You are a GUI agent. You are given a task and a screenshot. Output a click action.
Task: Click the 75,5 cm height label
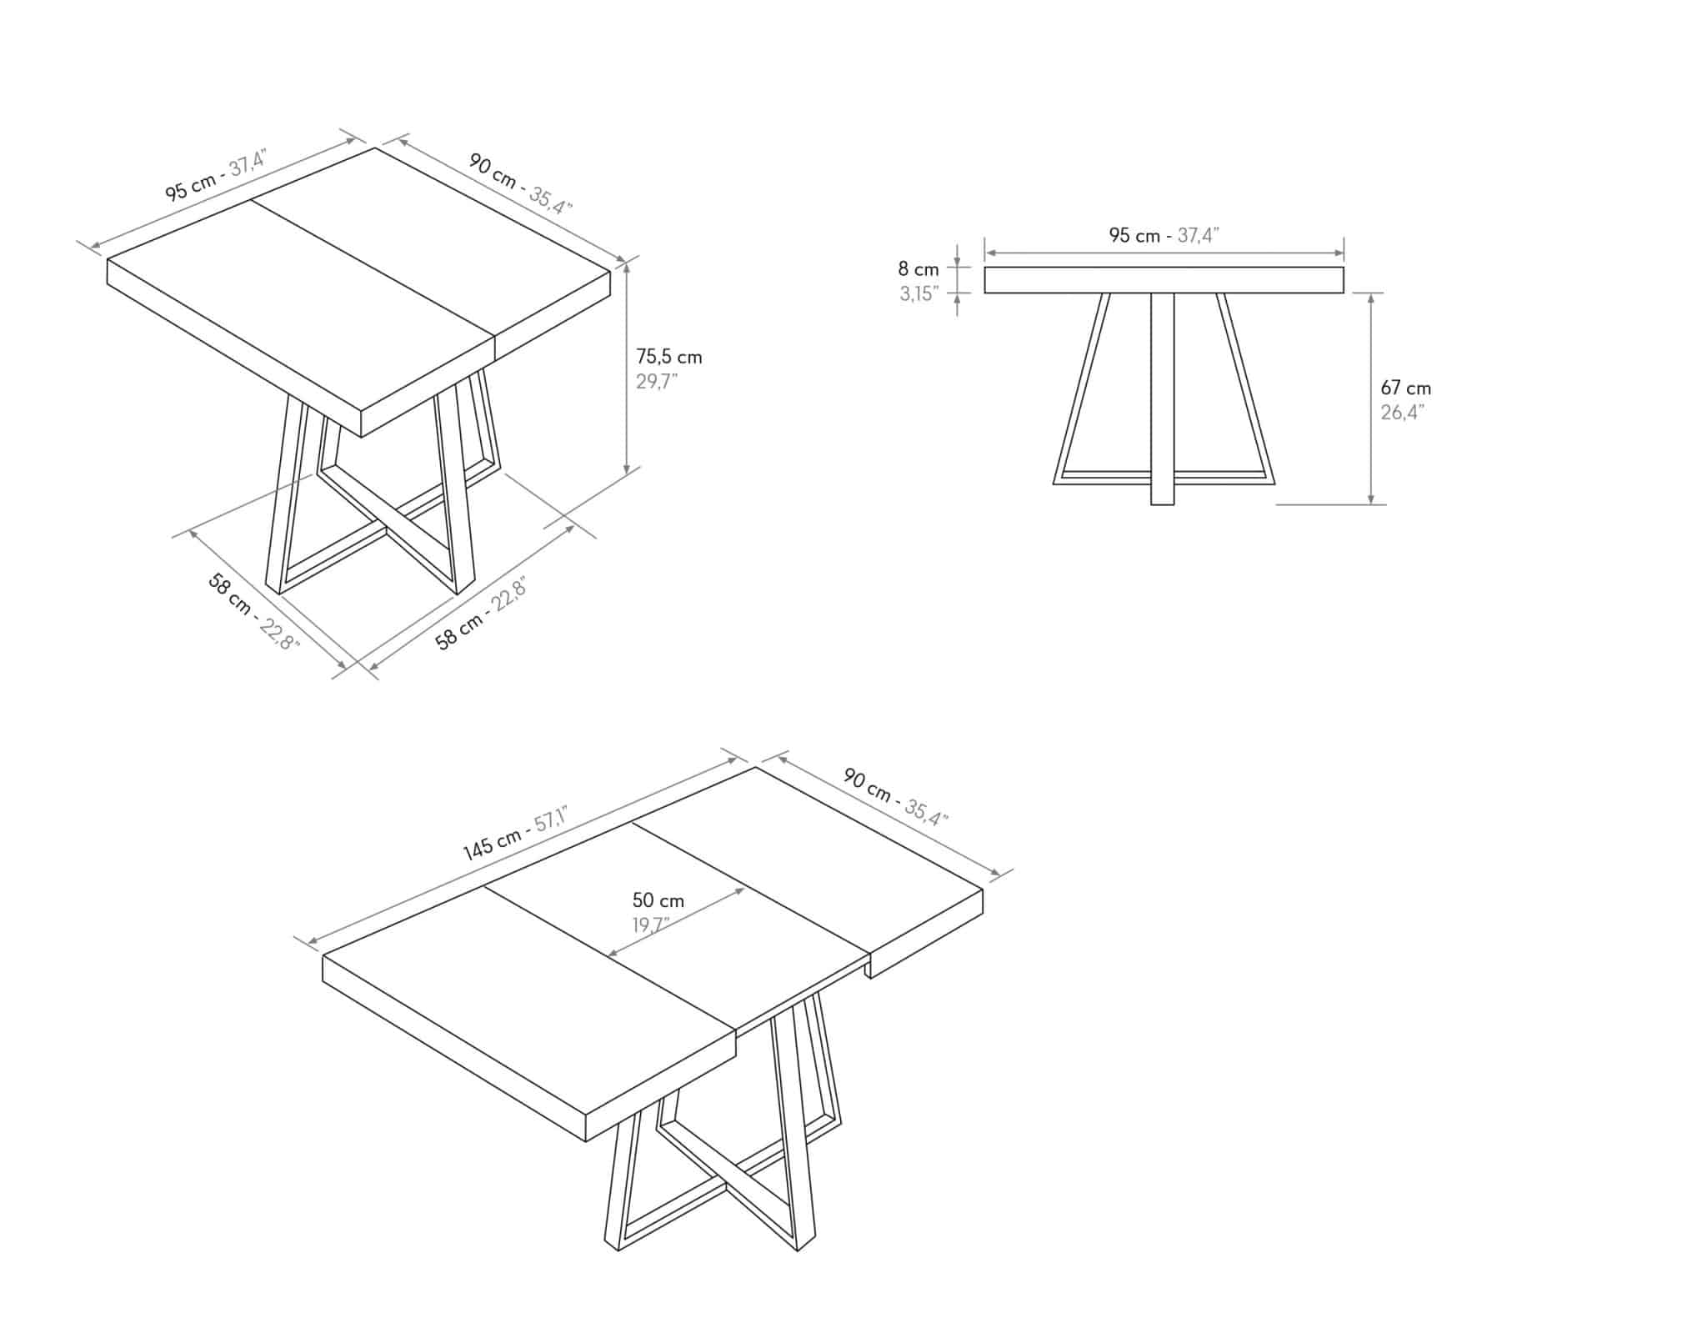tap(669, 357)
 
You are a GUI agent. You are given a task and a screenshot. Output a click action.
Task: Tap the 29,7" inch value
tap(658, 382)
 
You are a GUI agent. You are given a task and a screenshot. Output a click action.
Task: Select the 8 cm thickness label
tap(919, 269)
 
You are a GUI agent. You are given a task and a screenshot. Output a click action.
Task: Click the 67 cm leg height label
tap(1406, 388)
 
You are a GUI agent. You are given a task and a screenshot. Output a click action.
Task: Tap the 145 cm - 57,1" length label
tap(515, 833)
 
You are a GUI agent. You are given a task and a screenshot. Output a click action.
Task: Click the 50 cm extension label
tap(658, 900)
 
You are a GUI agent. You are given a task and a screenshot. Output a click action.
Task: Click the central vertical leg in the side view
tap(1163, 398)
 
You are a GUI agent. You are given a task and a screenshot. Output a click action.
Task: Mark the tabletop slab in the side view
tap(1164, 280)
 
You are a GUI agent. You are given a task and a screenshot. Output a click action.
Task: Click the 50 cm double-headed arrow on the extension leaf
tap(676, 922)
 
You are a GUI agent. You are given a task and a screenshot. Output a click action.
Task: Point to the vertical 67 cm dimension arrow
tap(1371, 398)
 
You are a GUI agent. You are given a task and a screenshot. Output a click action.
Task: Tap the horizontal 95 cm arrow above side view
tap(1164, 253)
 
